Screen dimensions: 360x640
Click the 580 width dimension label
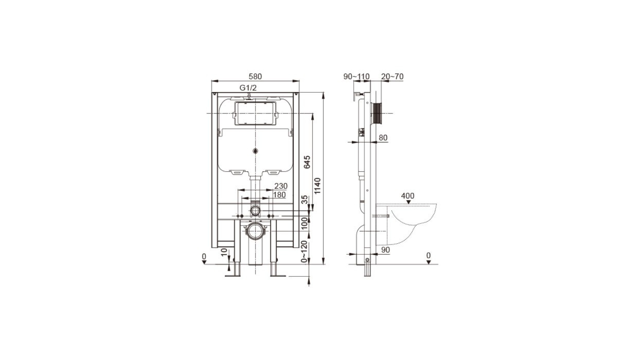pyautogui.click(x=255, y=76)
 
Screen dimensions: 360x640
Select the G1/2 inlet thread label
pyautogui.click(x=248, y=88)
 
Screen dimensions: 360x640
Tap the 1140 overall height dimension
pyautogui.click(x=317, y=186)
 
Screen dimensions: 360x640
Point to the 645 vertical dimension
pyautogui.click(x=307, y=162)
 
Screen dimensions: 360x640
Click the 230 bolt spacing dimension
pyautogui.click(x=281, y=186)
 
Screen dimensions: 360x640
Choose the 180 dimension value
pyautogui.click(x=279, y=195)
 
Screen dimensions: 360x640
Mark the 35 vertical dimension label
pyautogui.click(x=305, y=200)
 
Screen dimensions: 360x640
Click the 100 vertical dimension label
pyautogui.click(x=305, y=223)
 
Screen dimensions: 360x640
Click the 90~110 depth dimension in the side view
pyautogui.click(x=356, y=76)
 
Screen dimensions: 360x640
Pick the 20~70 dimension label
pyautogui.click(x=392, y=76)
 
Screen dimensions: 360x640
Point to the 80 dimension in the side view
pyautogui.click(x=383, y=138)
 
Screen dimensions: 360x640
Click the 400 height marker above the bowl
pyautogui.click(x=408, y=196)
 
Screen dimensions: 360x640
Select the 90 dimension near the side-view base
pyautogui.click(x=386, y=250)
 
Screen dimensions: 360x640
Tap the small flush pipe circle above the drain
pyautogui.click(x=255, y=210)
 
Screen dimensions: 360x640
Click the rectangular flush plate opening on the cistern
pyautogui.click(x=255, y=113)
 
